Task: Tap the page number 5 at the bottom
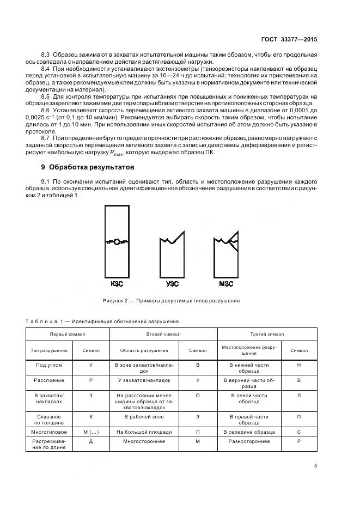pyautogui.click(x=316, y=465)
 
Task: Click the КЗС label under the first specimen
pyautogui.click(x=117, y=284)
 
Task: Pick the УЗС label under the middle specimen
pyautogui.click(x=172, y=284)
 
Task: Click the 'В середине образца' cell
pyautogui.click(x=249, y=432)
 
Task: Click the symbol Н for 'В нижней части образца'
pyautogui.click(x=299, y=365)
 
